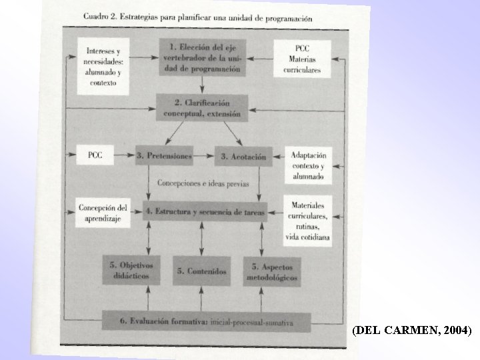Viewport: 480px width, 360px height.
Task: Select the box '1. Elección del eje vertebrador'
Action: coord(202,58)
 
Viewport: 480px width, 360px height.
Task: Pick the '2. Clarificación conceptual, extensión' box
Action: coord(202,109)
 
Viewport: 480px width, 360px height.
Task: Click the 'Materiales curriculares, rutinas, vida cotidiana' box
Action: coord(307,217)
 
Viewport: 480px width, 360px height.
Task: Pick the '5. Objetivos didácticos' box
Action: coord(131,269)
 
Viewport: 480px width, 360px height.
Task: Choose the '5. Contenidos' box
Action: coord(202,271)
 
